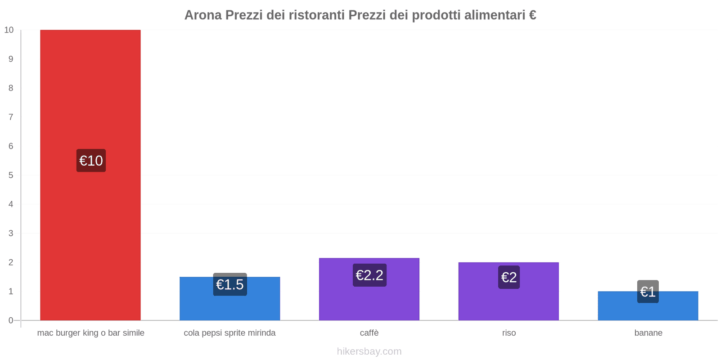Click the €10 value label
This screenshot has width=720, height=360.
[91, 161]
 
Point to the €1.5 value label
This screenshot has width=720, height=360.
[230, 284]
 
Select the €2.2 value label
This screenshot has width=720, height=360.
[369, 275]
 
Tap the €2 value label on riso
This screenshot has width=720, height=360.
[509, 277]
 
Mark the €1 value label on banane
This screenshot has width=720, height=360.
[648, 292]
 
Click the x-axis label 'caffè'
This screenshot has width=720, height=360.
[369, 333]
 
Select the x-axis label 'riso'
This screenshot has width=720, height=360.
[509, 333]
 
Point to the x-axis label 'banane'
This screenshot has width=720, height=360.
[648, 333]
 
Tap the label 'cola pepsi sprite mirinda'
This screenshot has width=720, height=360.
[229, 333]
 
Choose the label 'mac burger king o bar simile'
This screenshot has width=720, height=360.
[90, 333]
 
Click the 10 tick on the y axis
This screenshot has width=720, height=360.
[9, 30]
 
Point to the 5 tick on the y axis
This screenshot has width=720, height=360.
[11, 175]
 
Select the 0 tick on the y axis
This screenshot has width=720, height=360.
[11, 320]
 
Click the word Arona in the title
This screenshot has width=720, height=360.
[203, 15]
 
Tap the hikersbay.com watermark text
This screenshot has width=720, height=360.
[369, 351]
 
